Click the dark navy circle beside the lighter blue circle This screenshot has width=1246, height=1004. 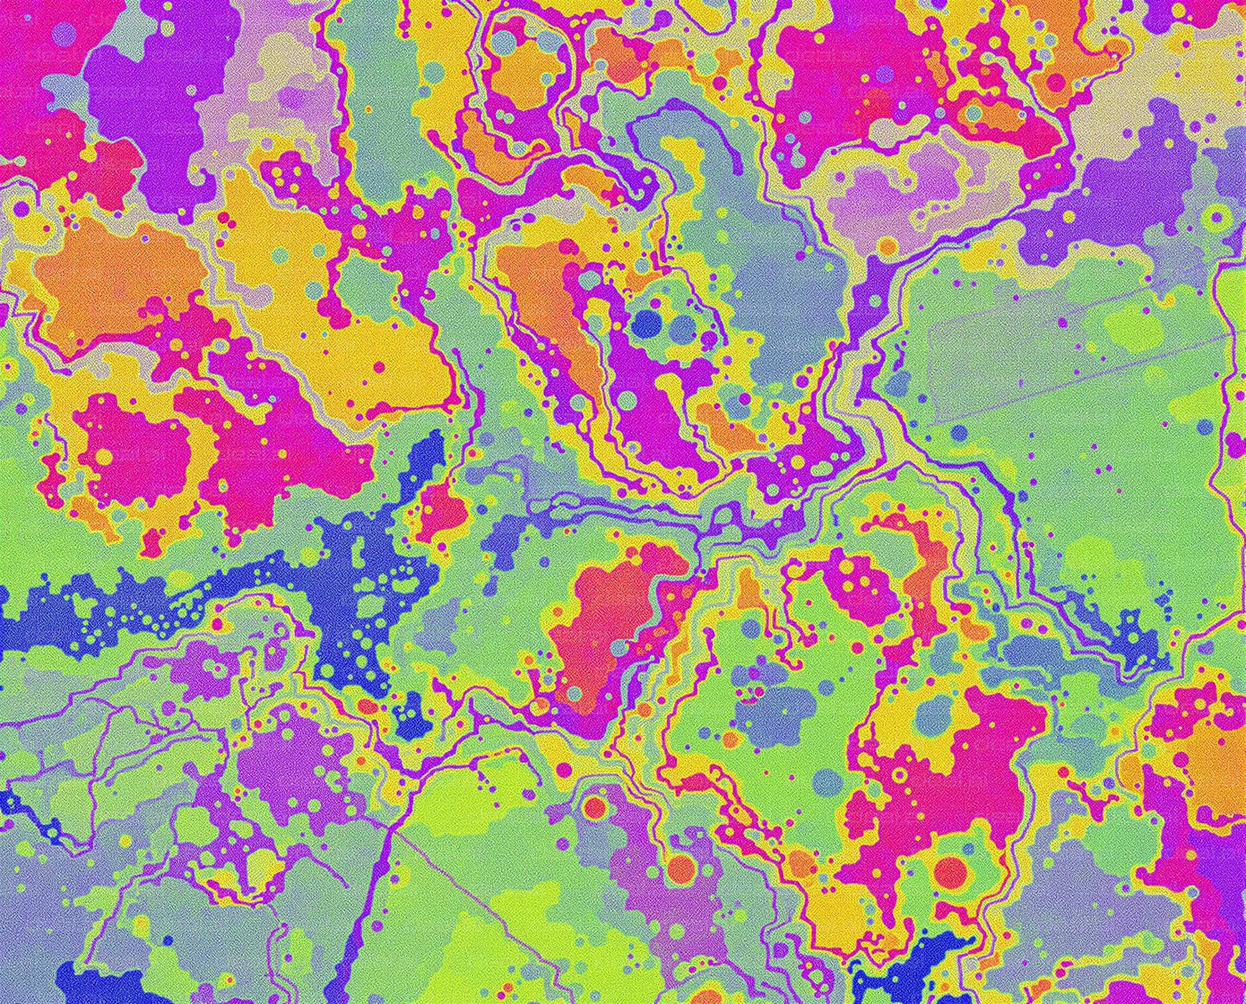[647, 323]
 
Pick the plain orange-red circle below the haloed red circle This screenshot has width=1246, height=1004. [681, 867]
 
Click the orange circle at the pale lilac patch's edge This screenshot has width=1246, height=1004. [887, 247]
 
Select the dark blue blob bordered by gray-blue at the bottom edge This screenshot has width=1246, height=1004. [910, 972]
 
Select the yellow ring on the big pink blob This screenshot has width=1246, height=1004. [899, 776]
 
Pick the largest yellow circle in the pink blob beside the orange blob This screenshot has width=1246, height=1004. [105, 457]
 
